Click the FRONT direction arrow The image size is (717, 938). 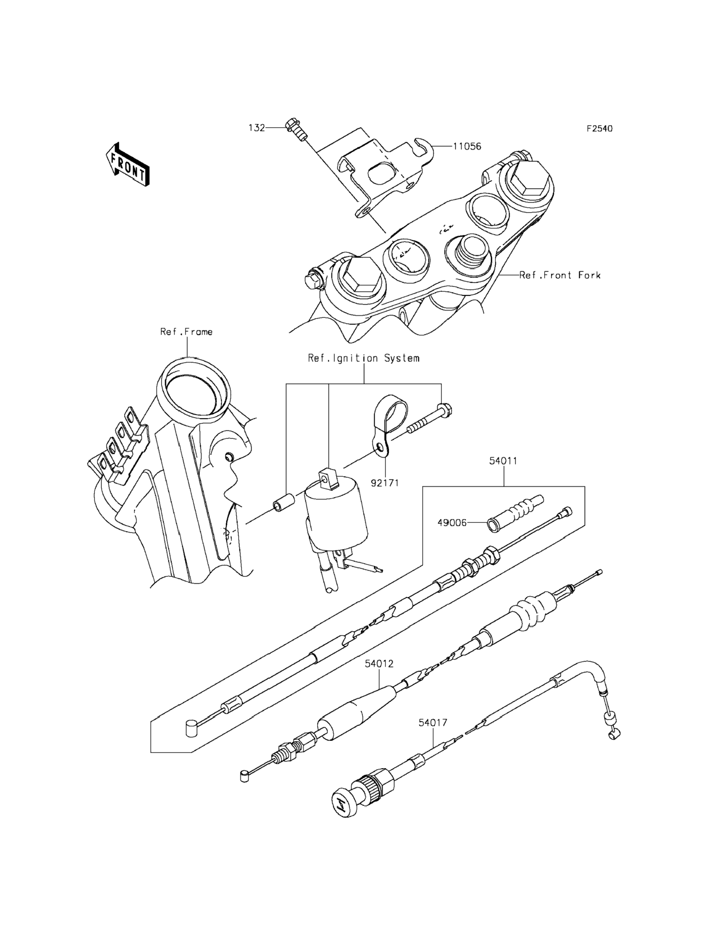(127, 165)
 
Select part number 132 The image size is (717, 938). (257, 128)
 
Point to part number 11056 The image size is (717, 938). (467, 146)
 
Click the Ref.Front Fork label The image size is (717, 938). (560, 275)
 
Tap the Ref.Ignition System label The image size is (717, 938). (364, 358)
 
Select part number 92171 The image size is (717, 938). (385, 482)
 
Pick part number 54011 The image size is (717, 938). (503, 461)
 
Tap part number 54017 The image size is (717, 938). (433, 722)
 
